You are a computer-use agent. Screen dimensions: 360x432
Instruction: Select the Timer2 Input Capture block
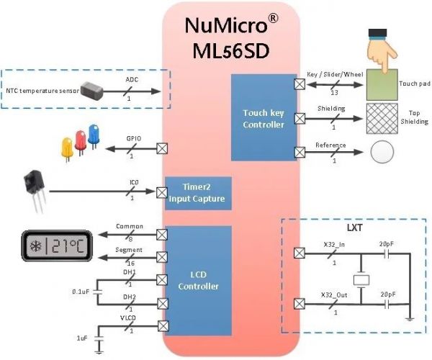tap(198, 193)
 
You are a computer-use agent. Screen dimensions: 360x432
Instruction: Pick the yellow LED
tap(67, 146)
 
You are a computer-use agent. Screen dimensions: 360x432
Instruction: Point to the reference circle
tap(384, 152)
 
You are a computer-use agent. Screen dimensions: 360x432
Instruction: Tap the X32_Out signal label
tap(334, 295)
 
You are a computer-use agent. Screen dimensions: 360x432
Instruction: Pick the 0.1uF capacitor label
tap(81, 292)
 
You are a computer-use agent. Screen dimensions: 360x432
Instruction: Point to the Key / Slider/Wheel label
tap(336, 74)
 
